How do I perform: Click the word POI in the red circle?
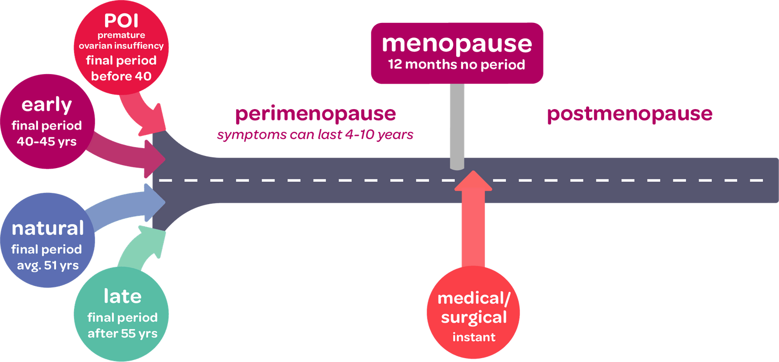click(x=121, y=20)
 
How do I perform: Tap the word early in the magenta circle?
click(x=47, y=105)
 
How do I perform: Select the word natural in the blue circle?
click(x=48, y=228)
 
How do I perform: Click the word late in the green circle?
click(x=122, y=296)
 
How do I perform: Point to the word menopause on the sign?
click(x=457, y=44)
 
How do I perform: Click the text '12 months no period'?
click(x=457, y=65)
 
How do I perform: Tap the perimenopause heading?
click(x=315, y=114)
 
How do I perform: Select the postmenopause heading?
click(x=630, y=114)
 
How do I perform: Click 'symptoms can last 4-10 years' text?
click(x=315, y=134)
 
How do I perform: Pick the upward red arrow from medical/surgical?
click(x=473, y=219)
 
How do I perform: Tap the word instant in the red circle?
click(x=474, y=337)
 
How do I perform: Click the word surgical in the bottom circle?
click(x=474, y=318)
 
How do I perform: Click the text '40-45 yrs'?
click(x=47, y=142)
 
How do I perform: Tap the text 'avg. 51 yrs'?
click(x=48, y=266)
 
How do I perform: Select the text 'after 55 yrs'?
click(x=122, y=334)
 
